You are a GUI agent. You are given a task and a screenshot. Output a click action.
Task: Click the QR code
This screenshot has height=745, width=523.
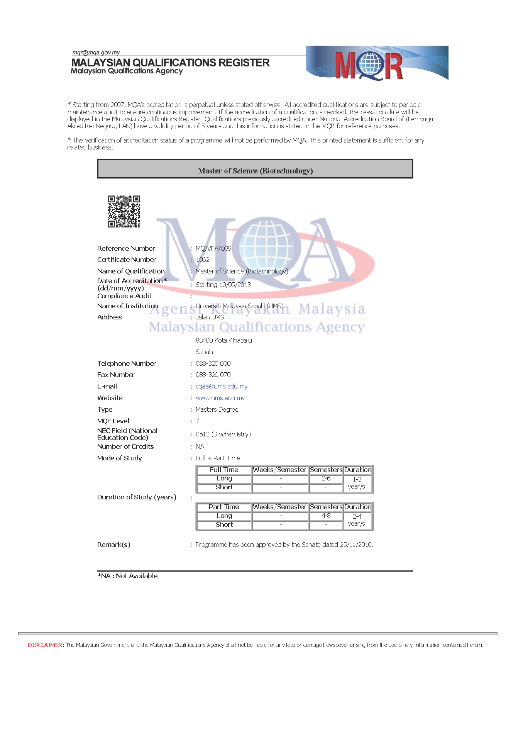point(124,211)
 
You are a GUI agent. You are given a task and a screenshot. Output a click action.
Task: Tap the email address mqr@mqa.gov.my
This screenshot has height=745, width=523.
point(96,53)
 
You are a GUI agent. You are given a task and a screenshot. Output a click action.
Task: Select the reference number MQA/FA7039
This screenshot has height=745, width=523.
point(213,248)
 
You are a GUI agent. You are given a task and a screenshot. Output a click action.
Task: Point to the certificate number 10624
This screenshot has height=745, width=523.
point(204,260)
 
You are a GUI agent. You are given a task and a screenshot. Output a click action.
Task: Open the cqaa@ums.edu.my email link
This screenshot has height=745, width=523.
point(222,386)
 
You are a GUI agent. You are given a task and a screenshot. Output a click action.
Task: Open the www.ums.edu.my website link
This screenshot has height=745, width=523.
point(220,398)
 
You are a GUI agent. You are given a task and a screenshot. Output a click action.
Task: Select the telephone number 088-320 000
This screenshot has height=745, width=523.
point(213,363)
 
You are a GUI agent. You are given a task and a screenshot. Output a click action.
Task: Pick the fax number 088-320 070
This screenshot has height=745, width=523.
point(213,375)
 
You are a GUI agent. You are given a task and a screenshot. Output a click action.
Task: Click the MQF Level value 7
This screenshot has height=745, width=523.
point(198,421)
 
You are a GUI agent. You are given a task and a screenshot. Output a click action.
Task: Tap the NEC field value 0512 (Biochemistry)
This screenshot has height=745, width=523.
point(223,434)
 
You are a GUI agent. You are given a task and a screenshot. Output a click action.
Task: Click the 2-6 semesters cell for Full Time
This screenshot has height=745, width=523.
point(326,479)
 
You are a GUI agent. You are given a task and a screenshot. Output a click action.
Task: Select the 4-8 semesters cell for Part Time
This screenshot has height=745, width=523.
point(326,516)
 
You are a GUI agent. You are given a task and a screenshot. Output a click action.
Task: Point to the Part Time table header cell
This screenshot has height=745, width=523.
point(224,507)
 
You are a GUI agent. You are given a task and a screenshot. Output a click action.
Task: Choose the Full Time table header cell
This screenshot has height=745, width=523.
point(224,470)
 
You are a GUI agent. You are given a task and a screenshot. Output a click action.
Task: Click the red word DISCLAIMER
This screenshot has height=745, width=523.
point(45,645)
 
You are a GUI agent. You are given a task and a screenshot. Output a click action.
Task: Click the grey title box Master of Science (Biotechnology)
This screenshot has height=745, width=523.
point(255,169)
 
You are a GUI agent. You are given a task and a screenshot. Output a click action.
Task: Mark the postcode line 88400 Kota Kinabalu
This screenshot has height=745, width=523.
point(224,340)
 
